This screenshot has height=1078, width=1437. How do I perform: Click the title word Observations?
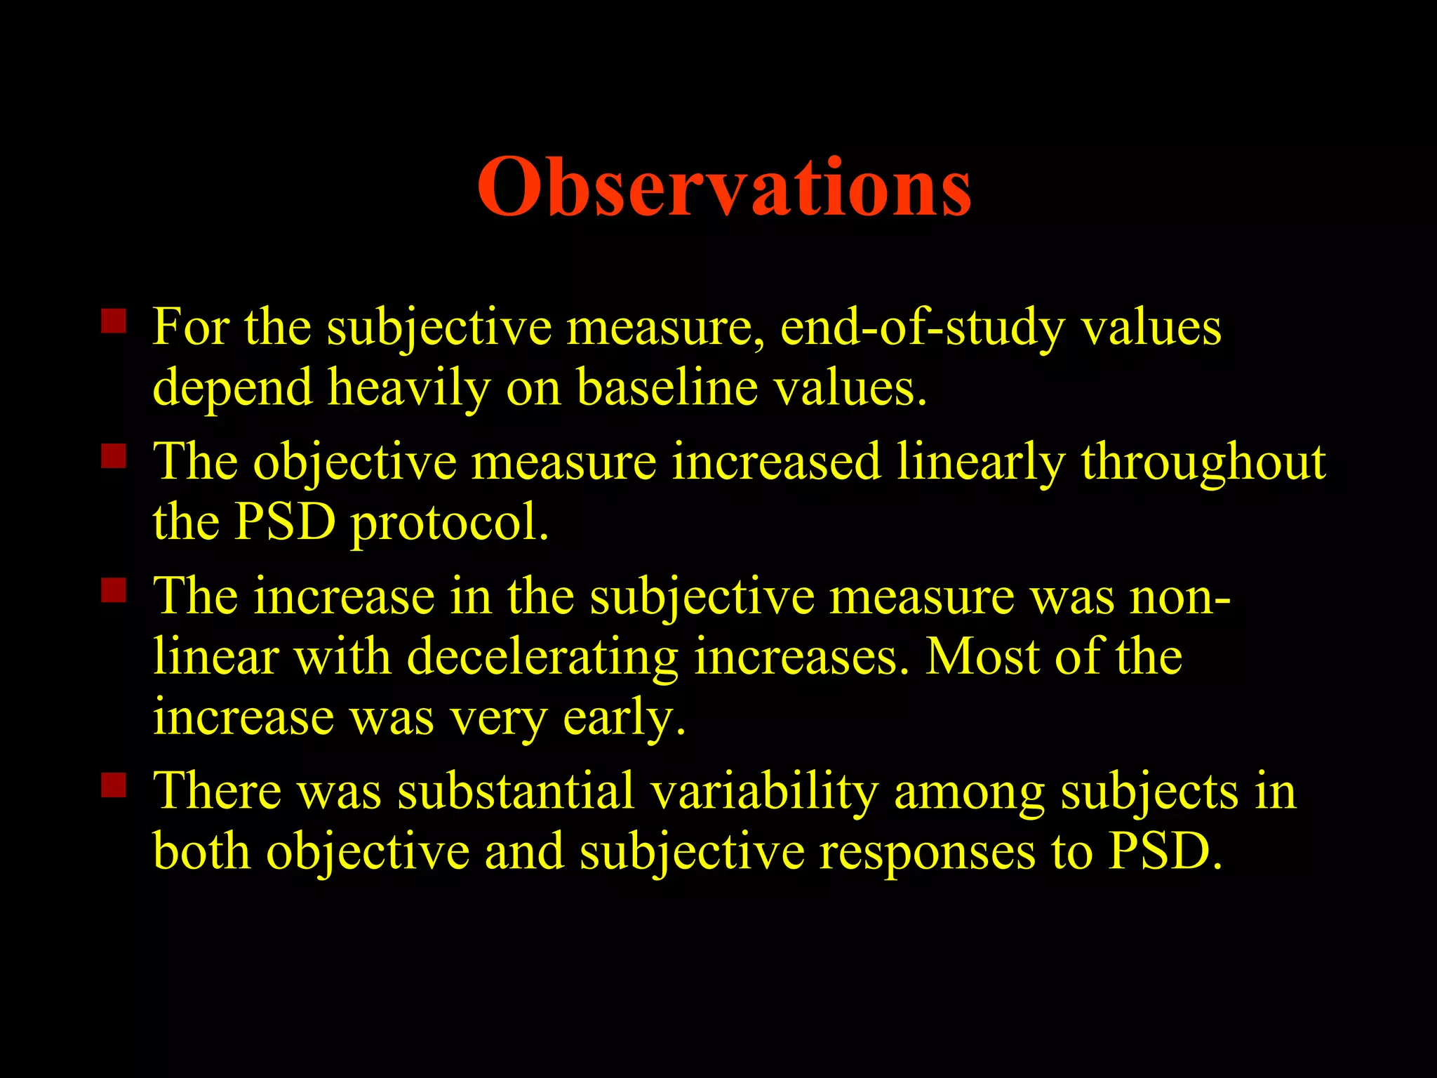point(724,187)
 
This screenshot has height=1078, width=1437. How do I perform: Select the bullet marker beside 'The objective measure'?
point(113,456)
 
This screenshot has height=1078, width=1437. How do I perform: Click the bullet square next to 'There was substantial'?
point(113,785)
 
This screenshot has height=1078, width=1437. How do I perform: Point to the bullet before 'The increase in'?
point(113,590)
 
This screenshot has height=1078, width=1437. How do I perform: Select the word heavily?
point(409,388)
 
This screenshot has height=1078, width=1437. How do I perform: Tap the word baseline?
point(667,388)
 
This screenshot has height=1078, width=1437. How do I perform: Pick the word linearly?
point(981,463)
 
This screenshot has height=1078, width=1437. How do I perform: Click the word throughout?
point(1203,463)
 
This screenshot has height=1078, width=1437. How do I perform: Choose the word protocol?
point(449,524)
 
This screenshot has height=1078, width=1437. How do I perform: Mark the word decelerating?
point(542,658)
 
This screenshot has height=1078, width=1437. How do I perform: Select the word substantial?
point(516,792)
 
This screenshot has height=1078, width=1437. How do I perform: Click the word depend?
point(232,390)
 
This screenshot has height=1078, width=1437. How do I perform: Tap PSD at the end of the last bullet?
point(1165,852)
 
